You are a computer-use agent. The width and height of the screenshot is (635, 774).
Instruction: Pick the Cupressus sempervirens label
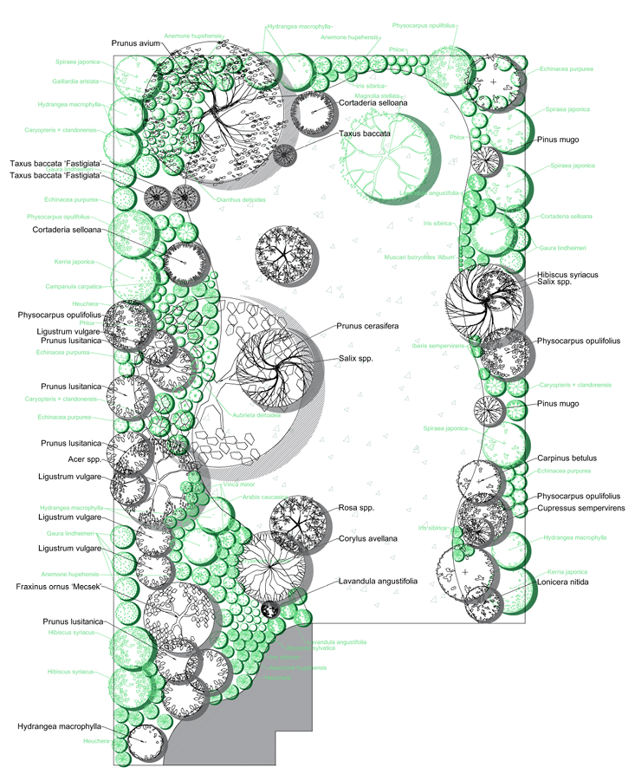coord(580,509)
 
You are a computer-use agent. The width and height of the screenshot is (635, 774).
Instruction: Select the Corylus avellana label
coord(367,538)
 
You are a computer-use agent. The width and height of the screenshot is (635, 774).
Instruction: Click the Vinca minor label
coord(237,485)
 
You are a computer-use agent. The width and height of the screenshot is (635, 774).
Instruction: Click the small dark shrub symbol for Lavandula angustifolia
coord(271,610)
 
